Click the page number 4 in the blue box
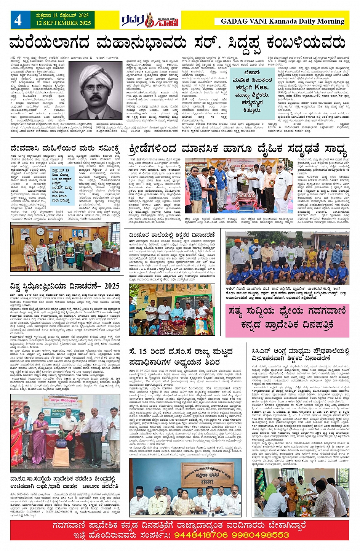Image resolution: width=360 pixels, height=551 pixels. tap(18, 20)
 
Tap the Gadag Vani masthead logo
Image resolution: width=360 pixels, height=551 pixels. tap(150, 20)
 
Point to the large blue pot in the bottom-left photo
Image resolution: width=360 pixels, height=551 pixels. tap(62, 443)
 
